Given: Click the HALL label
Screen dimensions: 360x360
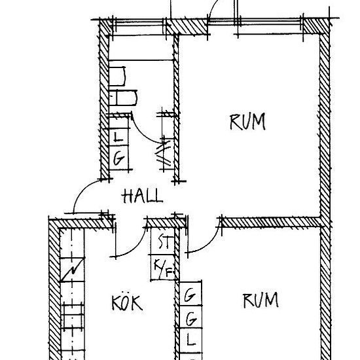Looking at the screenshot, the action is (x=143, y=196).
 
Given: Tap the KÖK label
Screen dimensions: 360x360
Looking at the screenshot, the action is (x=127, y=303).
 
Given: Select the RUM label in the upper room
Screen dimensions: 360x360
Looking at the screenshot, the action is (x=247, y=122).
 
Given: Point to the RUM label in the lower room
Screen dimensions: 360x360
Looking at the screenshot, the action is (x=261, y=300).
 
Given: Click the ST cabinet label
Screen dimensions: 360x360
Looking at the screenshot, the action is (x=164, y=242).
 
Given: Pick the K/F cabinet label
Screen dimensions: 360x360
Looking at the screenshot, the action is (x=162, y=268).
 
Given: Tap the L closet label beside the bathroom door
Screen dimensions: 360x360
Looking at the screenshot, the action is (x=118, y=137).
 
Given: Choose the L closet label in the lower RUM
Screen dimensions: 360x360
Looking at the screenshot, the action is (x=190, y=340).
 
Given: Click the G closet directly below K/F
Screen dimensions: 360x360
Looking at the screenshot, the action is (x=190, y=295).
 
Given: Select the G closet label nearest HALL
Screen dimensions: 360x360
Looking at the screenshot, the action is (x=118, y=158).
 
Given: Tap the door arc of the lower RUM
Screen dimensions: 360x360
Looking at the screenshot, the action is (x=209, y=245).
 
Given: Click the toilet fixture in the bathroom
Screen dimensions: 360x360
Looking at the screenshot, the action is (x=123, y=98).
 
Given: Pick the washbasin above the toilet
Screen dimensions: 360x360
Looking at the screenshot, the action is (x=117, y=76).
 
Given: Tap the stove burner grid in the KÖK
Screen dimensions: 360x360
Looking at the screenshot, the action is (x=73, y=317).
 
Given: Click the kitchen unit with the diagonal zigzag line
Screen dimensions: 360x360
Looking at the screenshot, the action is (x=72, y=270).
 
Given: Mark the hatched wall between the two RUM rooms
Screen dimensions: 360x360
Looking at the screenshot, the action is (x=271, y=223).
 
